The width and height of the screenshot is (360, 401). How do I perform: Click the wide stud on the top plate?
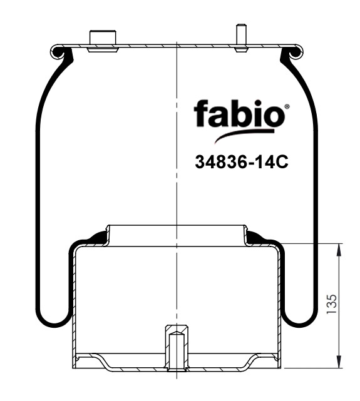[x=103, y=39]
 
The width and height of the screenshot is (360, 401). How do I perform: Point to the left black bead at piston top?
[x=97, y=236]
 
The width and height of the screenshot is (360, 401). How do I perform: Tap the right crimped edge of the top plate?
[x=297, y=49]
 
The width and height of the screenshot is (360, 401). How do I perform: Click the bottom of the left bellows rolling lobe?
[x=52, y=323]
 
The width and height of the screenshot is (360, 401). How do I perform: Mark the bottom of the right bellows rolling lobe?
[x=301, y=323]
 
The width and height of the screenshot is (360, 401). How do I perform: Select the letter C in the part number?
[x=280, y=163]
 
